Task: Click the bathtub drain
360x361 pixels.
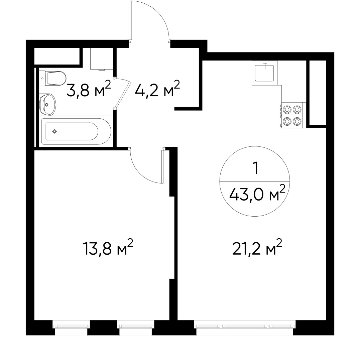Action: click(x=55, y=131)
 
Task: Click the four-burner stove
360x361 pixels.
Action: click(x=292, y=115)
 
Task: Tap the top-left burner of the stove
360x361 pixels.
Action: click(x=287, y=109)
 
